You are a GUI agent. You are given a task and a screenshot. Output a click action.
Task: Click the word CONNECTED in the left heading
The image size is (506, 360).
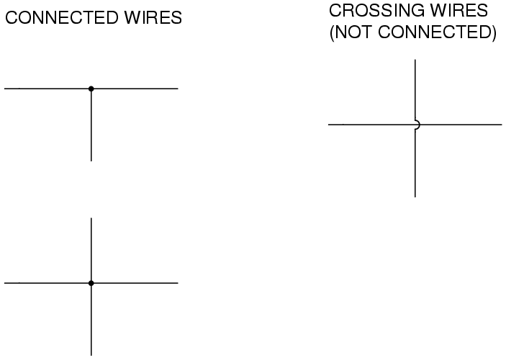click(62, 17)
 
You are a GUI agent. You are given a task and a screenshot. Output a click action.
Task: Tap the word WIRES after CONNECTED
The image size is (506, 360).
click(153, 17)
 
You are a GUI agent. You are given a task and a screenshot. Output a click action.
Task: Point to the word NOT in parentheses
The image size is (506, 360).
click(353, 32)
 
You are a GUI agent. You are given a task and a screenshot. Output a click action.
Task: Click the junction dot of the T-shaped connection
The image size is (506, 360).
click(91, 89)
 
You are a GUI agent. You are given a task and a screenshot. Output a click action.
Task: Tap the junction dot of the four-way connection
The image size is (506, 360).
click(91, 283)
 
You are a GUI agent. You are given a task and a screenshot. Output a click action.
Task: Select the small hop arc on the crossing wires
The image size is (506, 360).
click(419, 125)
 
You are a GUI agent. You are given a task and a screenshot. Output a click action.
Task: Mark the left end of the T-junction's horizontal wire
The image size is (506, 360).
click(4, 89)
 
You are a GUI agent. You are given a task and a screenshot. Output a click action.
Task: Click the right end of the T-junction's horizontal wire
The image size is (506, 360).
click(178, 89)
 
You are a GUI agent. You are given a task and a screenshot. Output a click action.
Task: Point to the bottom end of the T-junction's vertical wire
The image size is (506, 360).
click(91, 161)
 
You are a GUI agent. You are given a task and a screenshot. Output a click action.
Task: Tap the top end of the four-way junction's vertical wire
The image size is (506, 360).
click(91, 218)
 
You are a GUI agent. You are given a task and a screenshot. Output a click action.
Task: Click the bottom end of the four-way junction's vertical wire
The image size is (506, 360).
click(91, 356)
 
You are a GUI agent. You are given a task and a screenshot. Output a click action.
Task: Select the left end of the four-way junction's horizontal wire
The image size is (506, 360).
click(4, 283)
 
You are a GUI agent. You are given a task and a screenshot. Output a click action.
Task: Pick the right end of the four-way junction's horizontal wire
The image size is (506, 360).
click(178, 283)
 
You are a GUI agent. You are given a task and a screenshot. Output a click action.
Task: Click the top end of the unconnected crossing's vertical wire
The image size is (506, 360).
click(415, 60)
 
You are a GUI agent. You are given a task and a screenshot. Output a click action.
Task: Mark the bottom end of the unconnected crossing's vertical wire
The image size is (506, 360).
click(415, 197)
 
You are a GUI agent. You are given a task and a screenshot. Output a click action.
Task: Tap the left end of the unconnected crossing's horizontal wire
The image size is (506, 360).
click(328, 125)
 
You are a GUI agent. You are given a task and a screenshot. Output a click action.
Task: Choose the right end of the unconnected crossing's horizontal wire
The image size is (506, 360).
click(502, 125)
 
